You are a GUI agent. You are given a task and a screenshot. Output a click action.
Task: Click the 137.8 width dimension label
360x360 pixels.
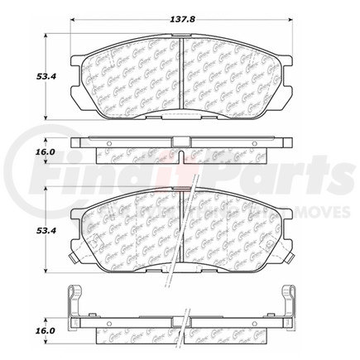pyautogui.click(x=179, y=15)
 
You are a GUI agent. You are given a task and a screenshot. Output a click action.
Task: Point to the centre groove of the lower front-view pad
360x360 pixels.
pyautogui.click(x=180, y=232)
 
